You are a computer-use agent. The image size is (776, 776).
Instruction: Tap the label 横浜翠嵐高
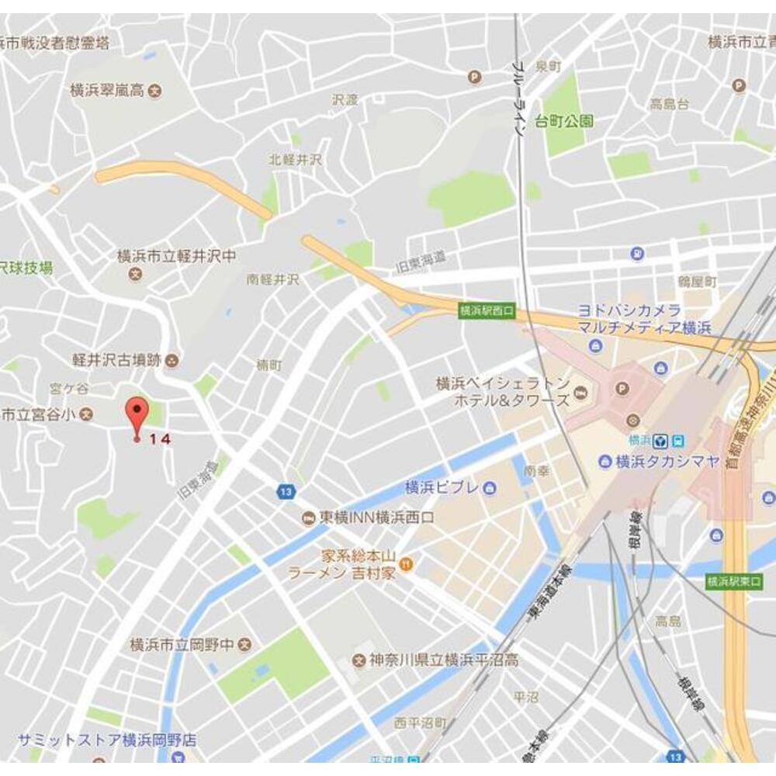tap(107, 90)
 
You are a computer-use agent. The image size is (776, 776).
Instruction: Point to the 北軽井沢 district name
tap(295, 159)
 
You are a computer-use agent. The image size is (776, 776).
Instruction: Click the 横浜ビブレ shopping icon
tap(490, 487)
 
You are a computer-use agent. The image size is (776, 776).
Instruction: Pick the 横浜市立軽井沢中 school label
tap(176, 255)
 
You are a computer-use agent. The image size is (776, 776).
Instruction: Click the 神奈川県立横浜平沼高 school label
tap(443, 660)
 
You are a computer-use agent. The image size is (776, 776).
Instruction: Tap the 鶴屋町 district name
tap(695, 279)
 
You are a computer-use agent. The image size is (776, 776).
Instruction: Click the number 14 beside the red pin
tap(159, 438)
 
